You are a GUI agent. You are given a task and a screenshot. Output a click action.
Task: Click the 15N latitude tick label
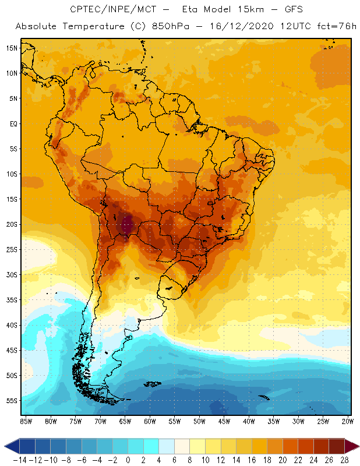[11, 48]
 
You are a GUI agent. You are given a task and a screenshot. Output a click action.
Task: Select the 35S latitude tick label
[11, 300]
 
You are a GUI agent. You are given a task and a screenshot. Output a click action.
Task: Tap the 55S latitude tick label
[11, 401]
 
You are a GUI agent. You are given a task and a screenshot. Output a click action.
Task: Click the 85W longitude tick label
[26, 421]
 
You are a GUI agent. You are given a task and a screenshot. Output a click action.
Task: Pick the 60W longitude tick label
[150, 421]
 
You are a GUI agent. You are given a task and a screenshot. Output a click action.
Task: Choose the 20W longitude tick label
[347, 421]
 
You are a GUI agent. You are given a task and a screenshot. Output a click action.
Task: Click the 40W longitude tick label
[249, 421]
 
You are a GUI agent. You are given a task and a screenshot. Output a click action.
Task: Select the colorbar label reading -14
[19, 460]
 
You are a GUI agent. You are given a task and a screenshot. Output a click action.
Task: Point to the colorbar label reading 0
[128, 460]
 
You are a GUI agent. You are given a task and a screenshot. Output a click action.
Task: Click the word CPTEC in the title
[84, 10]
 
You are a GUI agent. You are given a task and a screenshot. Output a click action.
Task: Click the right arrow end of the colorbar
[354, 446]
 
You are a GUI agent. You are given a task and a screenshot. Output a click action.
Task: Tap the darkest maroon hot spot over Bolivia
[127, 224]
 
